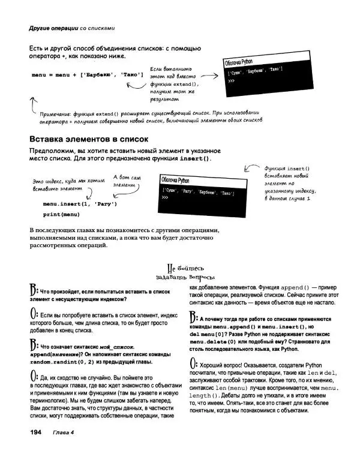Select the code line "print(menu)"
pos(61,214)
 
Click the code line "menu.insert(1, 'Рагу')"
pos(80,204)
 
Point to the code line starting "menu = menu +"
pos(87,74)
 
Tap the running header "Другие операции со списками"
pos(71,28)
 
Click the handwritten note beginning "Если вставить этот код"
pos(173,84)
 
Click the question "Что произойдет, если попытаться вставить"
pos(95,294)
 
